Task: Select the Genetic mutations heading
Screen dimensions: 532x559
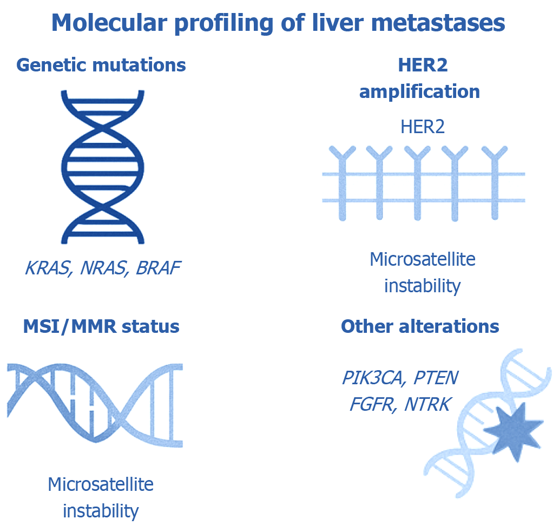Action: [101, 65]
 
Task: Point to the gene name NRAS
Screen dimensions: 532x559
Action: [100, 267]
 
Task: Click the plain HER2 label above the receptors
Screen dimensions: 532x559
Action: [423, 127]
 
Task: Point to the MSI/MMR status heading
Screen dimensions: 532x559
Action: [101, 327]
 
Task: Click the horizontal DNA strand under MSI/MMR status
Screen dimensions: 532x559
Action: [95, 400]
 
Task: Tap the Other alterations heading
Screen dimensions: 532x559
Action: [420, 327]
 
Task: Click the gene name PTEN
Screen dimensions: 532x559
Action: [436, 378]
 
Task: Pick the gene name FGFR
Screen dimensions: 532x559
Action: [371, 404]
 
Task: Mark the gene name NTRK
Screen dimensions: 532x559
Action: [427, 404]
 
